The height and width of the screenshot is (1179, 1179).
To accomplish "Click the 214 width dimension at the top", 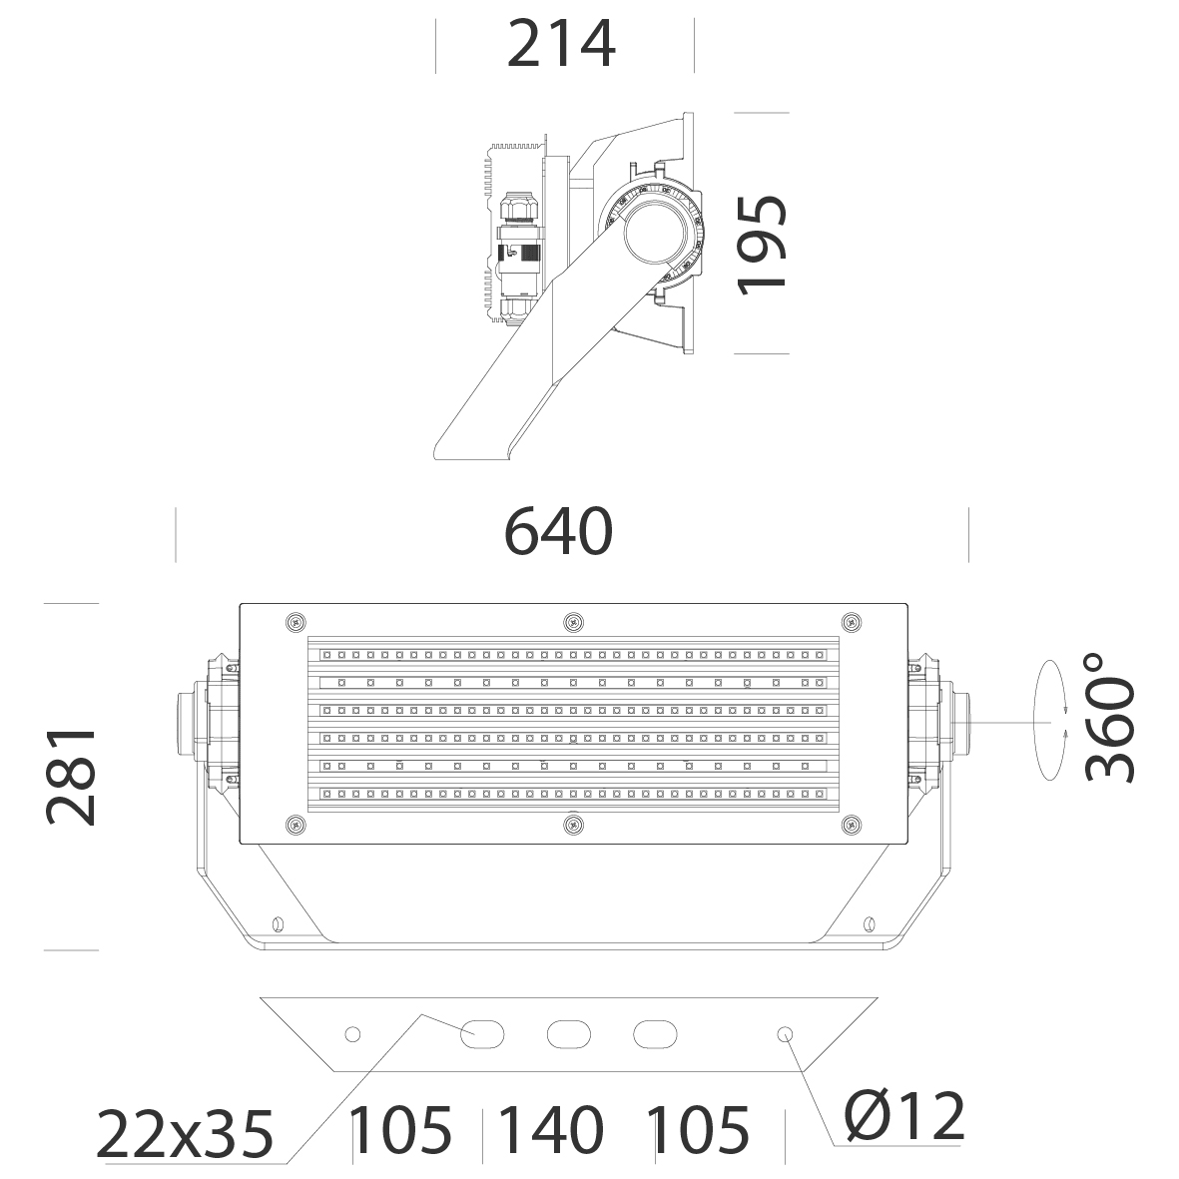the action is point(562,45).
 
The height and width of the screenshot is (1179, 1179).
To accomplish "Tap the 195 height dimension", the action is point(761,245).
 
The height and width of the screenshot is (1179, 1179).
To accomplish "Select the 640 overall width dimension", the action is point(558,532).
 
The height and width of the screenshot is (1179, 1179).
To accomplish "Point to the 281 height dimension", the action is point(72,777).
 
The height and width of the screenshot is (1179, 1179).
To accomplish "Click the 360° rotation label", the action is point(1109,718).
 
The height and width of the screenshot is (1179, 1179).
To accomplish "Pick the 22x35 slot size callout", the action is point(185,1135).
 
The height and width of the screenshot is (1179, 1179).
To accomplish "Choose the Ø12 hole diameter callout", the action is point(904,1116).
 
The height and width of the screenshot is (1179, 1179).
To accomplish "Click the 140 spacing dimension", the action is point(551,1129).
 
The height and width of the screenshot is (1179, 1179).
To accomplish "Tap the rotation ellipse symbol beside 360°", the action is point(1051,721).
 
